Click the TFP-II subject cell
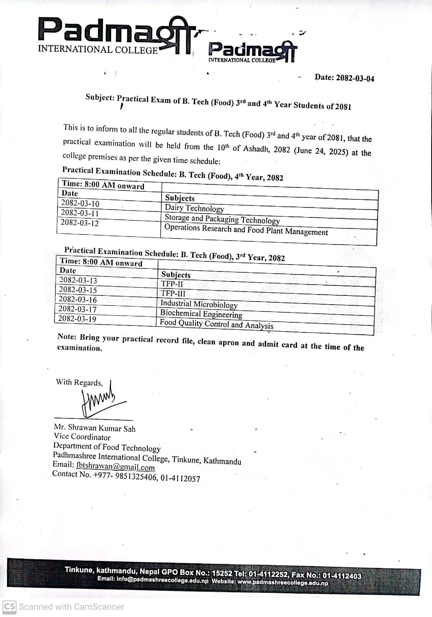point(172,284)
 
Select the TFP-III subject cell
point(173,293)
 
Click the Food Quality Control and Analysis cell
point(216,324)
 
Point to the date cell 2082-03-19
point(77,319)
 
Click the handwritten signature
point(98,401)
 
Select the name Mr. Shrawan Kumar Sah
point(95,428)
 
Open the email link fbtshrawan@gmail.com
point(115,467)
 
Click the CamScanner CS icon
point(9,607)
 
